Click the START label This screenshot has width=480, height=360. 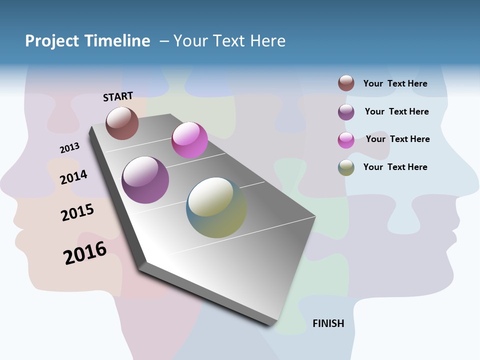pyautogui.click(x=118, y=96)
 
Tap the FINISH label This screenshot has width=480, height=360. pyautogui.click(x=328, y=323)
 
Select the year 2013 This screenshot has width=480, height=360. pyautogui.click(x=69, y=148)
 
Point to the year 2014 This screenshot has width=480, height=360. pyautogui.click(x=74, y=177)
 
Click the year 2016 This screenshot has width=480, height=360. pyautogui.click(x=85, y=253)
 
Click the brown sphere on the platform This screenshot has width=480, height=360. pyautogui.click(x=122, y=123)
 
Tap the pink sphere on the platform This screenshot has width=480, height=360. pyautogui.click(x=189, y=140)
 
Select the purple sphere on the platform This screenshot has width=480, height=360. pyautogui.click(x=145, y=180)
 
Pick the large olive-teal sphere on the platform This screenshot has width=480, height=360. pyautogui.click(x=216, y=207)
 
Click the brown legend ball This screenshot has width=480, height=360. pyautogui.click(x=346, y=83)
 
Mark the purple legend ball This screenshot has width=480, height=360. pyautogui.click(x=346, y=111)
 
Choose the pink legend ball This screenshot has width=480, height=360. pyautogui.click(x=346, y=139)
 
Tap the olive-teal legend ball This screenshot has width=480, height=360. pyautogui.click(x=346, y=167)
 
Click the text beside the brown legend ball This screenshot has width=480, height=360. pyautogui.click(x=395, y=83)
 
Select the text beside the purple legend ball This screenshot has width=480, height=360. pyautogui.click(x=396, y=111)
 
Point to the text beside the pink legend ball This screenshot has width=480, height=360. pyautogui.click(x=397, y=139)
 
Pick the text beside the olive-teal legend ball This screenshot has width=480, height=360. pyautogui.click(x=395, y=167)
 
